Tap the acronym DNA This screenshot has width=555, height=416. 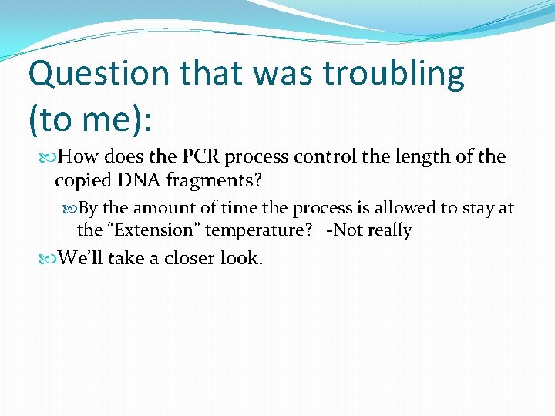137,181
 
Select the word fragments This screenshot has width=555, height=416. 212,181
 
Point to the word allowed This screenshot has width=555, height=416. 410,209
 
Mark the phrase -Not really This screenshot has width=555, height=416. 368,230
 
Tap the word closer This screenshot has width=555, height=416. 180,258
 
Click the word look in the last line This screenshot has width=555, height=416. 241,258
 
